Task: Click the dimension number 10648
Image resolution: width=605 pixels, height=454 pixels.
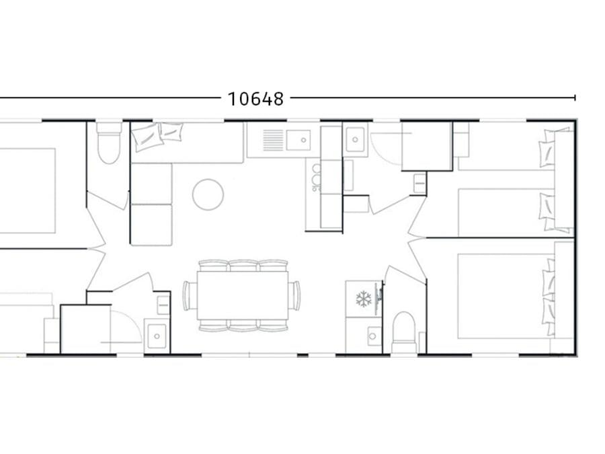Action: [256, 99]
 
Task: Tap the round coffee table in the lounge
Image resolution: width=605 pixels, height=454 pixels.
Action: [208, 194]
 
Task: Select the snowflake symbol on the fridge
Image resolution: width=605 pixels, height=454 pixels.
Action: [364, 299]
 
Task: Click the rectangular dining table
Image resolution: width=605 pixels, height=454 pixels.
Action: [243, 295]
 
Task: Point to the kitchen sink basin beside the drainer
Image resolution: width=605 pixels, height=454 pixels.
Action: [298, 140]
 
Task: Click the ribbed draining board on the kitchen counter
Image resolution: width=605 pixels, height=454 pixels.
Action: [273, 140]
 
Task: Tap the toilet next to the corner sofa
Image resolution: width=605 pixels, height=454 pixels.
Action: [109, 143]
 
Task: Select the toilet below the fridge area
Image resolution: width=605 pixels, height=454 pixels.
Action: [403, 332]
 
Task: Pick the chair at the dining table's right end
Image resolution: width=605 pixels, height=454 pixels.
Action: [295, 295]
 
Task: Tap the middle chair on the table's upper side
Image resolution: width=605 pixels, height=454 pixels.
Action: [243, 266]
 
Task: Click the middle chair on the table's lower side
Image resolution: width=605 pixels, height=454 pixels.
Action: [243, 325]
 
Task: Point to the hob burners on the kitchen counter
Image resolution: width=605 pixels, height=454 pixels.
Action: [316, 178]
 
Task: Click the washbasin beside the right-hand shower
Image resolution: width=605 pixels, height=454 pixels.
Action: [355, 139]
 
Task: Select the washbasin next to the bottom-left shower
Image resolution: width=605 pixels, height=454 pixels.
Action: [157, 336]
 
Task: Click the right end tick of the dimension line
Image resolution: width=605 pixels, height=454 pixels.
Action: [575, 98]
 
